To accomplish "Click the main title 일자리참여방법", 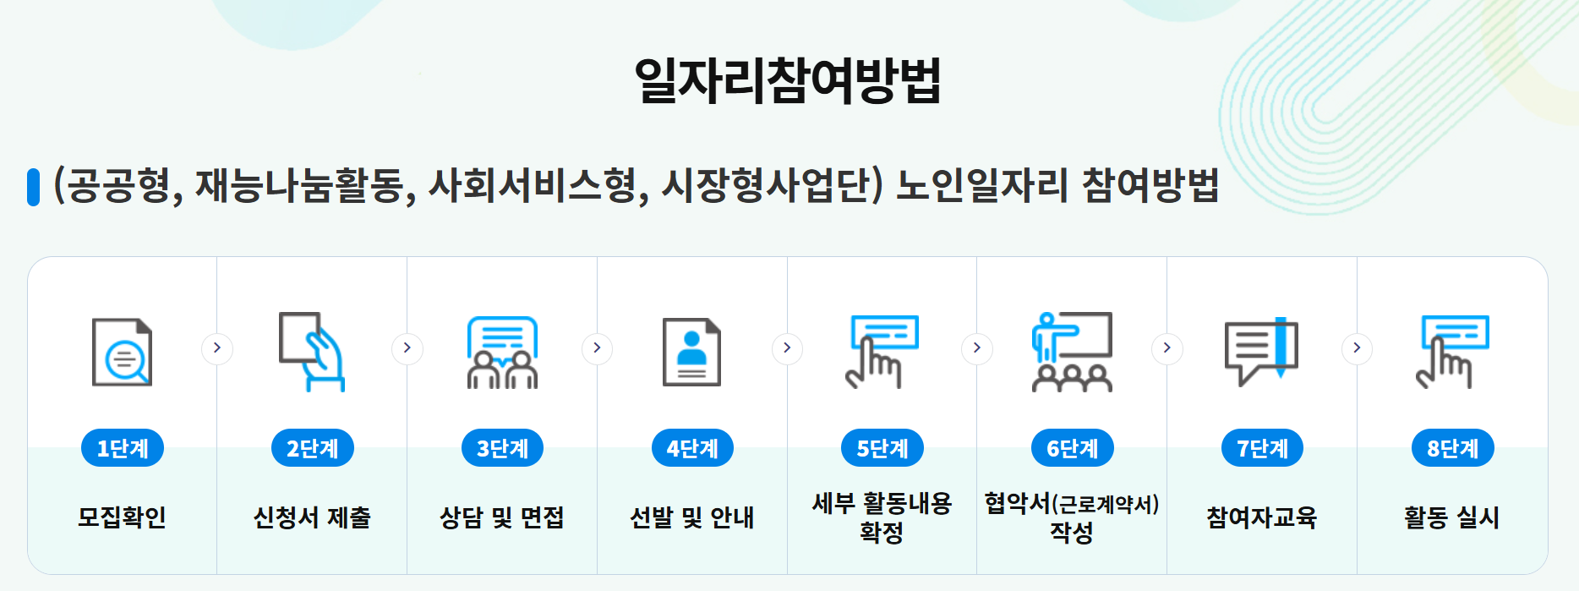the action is (x=788, y=80).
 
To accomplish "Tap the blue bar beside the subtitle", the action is (x=34, y=187).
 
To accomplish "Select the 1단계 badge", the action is (x=123, y=448).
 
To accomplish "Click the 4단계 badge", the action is (x=692, y=448).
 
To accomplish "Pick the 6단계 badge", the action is (x=1072, y=448).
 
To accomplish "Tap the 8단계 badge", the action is (x=1452, y=448).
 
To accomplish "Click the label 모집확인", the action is (x=122, y=517).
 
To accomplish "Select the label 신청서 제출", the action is (x=312, y=517).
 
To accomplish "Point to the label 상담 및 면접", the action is (x=502, y=517).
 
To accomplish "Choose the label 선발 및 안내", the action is (x=692, y=517).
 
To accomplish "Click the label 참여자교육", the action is (x=1261, y=517).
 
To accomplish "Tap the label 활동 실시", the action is (x=1451, y=517).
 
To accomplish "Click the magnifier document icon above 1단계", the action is (x=123, y=352).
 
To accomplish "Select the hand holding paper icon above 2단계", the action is (x=312, y=352).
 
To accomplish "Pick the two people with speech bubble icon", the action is (x=502, y=352).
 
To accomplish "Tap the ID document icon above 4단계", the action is (x=692, y=352).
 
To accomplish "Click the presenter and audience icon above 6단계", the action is (x=1072, y=352).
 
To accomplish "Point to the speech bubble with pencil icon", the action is (x=1261, y=352).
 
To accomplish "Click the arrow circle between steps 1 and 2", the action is (x=217, y=347).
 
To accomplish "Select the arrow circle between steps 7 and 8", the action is (x=1357, y=347).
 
